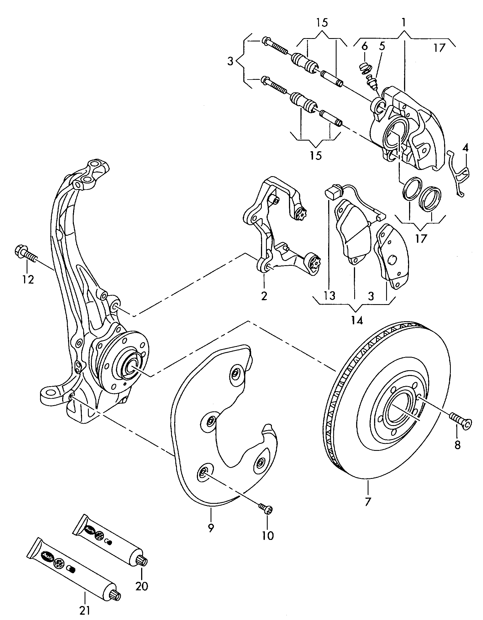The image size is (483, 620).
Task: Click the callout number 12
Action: coord(28,280)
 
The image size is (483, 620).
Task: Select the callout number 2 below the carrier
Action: coord(264,296)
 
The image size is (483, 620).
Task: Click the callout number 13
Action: coord(330,296)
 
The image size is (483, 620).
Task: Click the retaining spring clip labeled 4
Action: coord(459,176)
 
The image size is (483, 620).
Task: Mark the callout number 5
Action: coord(382,46)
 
